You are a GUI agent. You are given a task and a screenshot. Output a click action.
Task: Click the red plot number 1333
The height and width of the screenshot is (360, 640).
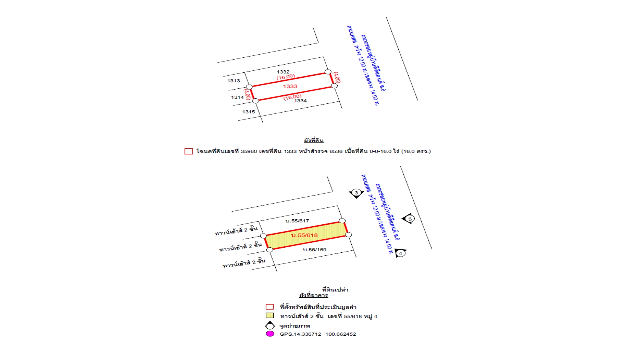point(290,86)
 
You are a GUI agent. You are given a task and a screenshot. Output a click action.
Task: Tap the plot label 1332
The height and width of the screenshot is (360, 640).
point(283,72)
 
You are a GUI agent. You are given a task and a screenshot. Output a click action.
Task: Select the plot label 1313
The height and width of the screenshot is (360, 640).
point(234,81)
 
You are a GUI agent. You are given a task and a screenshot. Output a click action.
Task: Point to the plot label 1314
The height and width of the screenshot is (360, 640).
point(237,97)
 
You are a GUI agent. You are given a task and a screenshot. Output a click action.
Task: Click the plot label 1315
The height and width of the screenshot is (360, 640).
point(248,112)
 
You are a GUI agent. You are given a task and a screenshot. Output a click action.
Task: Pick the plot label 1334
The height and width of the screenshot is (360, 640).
point(300,101)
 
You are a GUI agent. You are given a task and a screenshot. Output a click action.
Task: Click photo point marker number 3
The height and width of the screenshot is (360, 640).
point(356,193)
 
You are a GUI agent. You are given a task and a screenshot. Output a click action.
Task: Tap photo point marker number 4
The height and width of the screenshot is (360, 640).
point(400,253)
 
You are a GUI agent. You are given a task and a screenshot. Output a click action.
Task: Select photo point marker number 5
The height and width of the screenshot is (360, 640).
point(409,219)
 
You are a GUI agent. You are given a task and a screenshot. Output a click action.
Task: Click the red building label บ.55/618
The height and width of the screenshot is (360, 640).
point(304,235)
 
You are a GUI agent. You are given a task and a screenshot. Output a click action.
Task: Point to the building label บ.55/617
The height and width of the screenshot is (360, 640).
point(297,221)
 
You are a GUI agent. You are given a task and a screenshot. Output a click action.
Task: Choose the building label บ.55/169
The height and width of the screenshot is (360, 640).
point(314,250)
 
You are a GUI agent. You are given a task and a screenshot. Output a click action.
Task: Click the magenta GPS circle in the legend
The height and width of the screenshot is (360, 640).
point(270,334)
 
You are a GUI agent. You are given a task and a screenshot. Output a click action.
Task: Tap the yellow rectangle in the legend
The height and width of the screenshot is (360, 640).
point(270,315)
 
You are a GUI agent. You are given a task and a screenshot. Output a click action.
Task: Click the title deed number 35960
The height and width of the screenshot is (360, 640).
point(249,151)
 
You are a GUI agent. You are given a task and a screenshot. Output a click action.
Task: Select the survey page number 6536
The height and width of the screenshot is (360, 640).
point(336,151)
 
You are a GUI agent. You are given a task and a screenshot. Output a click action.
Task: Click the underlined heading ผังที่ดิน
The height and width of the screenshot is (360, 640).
point(313,140)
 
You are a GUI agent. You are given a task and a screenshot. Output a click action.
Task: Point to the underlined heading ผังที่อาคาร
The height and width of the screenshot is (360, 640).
point(313,295)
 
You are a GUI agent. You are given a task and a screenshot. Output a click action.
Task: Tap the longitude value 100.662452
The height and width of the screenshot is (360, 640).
point(341,334)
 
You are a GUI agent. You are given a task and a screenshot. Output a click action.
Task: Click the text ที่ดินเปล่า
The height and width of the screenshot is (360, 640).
point(335,290)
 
